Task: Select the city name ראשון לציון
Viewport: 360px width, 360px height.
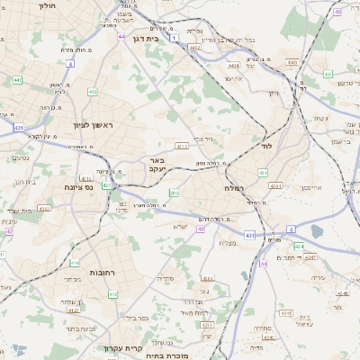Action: click(93, 125)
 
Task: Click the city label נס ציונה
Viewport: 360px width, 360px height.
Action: click(79, 187)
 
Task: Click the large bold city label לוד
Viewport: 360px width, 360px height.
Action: click(265, 145)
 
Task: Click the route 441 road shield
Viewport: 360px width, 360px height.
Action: click(17, 80)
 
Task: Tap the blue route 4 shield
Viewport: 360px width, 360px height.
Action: click(70, 64)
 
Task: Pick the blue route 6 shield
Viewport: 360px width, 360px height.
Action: click(291, 230)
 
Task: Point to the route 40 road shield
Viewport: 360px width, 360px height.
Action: click(201, 229)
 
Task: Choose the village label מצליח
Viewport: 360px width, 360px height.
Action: click(228, 244)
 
